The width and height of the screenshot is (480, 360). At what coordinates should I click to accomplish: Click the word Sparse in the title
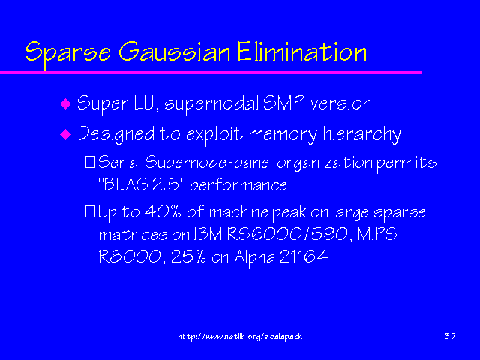pyautogui.click(x=68, y=52)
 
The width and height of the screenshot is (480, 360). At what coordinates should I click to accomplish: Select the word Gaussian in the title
pyautogui.click(x=174, y=52)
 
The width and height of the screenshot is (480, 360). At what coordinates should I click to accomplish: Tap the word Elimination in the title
pyautogui.click(x=301, y=52)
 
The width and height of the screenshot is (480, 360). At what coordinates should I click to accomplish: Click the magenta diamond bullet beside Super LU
pyautogui.click(x=65, y=103)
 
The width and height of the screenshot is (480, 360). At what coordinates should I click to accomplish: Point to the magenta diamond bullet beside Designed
pyautogui.click(x=65, y=134)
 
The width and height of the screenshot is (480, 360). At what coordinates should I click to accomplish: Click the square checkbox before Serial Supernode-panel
pyautogui.click(x=90, y=162)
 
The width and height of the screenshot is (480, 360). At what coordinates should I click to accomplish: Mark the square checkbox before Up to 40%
pyautogui.click(x=90, y=211)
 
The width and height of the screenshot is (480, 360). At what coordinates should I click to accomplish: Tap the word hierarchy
pyautogui.click(x=361, y=135)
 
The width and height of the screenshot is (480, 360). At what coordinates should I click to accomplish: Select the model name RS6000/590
pyautogui.click(x=287, y=235)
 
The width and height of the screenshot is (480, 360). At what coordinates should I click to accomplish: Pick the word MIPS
pyautogui.click(x=376, y=234)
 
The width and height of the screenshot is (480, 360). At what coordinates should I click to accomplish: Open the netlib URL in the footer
pyautogui.click(x=240, y=337)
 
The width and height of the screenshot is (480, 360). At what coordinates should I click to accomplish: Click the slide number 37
pyautogui.click(x=450, y=336)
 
